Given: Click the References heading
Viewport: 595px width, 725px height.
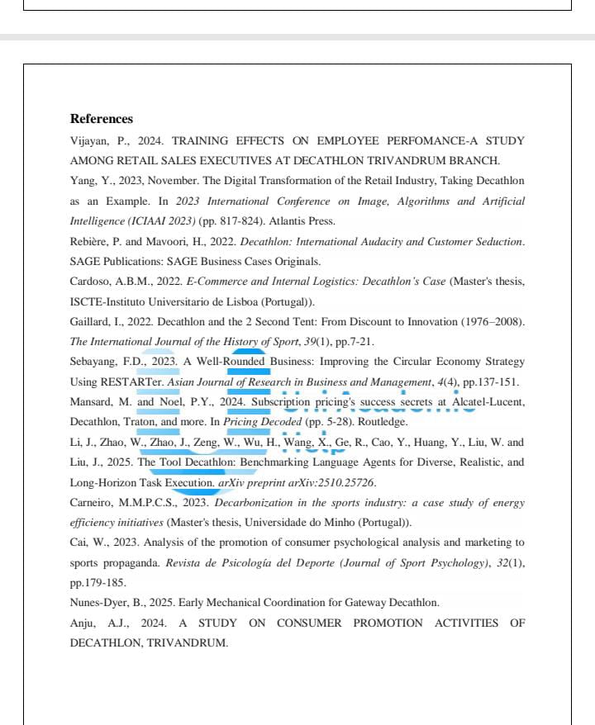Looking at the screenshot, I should (x=101, y=119).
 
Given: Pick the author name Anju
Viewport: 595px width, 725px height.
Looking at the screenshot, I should (x=83, y=623).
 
